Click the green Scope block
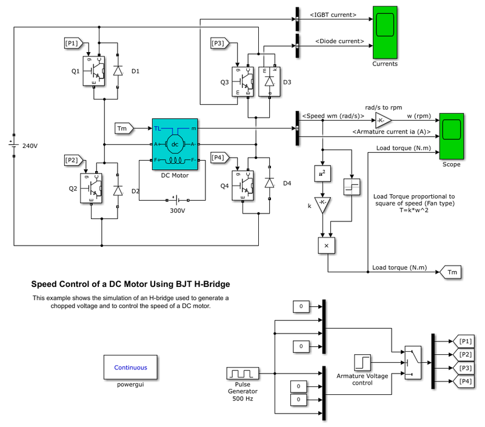[x=452, y=136]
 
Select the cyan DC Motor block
[x=175, y=144]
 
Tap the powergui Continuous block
[x=130, y=367]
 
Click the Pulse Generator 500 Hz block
[x=242, y=374]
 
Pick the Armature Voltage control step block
[x=363, y=363]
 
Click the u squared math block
[x=323, y=173]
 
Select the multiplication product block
[x=327, y=244]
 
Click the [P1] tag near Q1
[x=72, y=43]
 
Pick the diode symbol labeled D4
[x=270, y=183]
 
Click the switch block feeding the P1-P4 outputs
[x=412, y=363]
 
